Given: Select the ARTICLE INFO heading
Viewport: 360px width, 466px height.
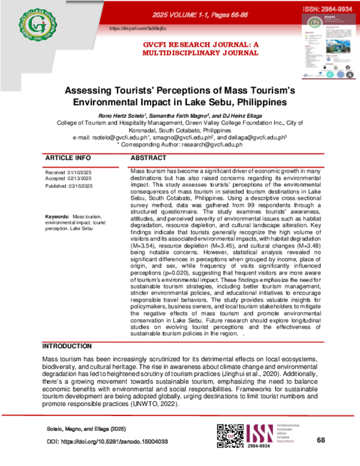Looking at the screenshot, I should click(69, 158).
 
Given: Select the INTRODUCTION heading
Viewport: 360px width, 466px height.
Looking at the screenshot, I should click(69, 347).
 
